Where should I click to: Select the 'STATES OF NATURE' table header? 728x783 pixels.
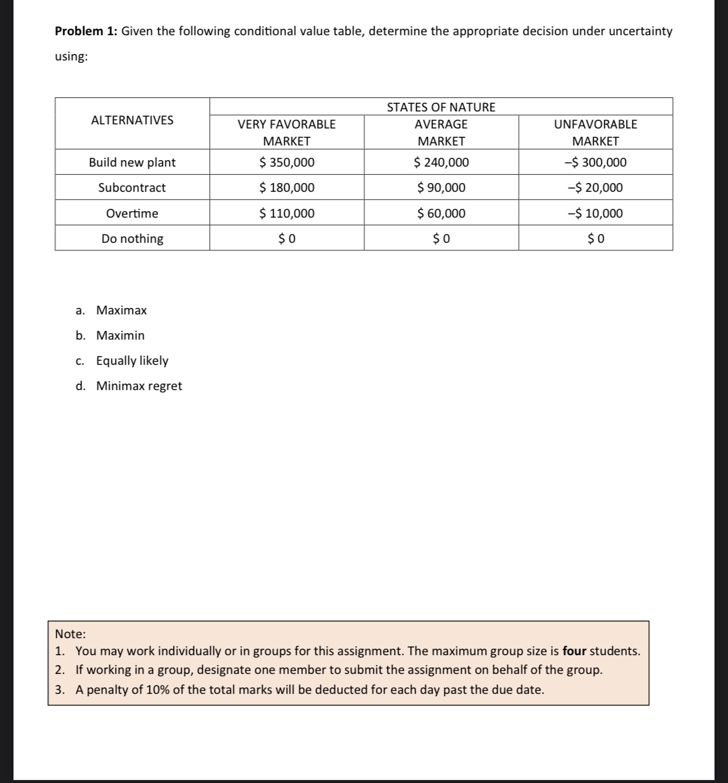(441, 107)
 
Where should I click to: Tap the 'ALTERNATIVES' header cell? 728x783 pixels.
(132, 120)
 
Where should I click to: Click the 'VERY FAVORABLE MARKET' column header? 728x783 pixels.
(287, 132)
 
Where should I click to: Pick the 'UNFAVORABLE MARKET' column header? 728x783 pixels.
(595, 132)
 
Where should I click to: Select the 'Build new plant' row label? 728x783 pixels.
(132, 162)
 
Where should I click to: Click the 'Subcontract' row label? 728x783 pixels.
(132, 188)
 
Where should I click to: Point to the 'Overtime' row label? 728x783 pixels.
(132, 213)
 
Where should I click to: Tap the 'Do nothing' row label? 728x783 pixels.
(132, 239)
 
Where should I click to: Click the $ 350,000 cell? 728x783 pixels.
(287, 162)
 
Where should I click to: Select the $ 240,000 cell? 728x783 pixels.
(441, 162)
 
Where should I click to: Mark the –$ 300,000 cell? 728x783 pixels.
(595, 162)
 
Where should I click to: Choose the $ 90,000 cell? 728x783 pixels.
(441, 188)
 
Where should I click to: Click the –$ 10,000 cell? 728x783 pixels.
(595, 213)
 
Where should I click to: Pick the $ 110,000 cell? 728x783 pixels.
(287, 213)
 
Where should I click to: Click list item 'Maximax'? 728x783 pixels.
(121, 310)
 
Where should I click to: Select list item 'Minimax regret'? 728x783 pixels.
(139, 386)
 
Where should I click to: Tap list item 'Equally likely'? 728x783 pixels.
(132, 361)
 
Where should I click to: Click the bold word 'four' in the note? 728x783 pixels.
(574, 651)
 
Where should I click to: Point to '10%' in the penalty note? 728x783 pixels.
(158, 690)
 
